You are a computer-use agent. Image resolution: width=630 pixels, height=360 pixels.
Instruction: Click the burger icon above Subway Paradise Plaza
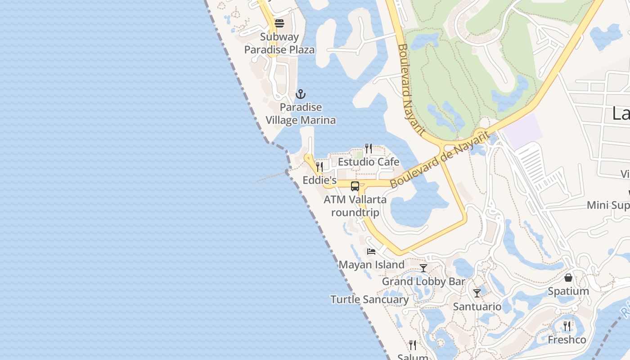279,23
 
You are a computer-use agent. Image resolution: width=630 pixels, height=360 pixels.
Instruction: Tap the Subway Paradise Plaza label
279,43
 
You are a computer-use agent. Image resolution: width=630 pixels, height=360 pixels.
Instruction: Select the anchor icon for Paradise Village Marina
300,94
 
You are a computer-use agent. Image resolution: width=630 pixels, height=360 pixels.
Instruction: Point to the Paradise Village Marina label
301,114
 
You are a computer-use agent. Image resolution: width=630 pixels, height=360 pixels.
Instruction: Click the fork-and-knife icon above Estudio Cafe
368,148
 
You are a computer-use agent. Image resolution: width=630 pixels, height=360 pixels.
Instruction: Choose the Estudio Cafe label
369,162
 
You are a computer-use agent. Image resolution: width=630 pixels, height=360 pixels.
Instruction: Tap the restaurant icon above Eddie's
319,166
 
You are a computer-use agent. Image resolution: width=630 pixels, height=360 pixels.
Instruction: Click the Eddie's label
319,180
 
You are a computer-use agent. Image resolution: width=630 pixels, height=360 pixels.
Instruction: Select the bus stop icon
355,186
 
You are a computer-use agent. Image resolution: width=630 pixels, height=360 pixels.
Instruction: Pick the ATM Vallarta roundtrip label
355,206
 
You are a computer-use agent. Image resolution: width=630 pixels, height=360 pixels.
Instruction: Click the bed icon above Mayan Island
371,251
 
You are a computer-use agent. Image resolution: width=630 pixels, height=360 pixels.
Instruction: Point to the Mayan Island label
371,265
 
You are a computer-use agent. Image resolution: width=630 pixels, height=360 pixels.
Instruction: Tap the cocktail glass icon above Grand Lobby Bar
423,268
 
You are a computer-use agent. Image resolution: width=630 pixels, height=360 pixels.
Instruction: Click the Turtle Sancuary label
369,300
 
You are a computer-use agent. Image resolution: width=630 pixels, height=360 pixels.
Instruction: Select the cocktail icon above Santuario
477,293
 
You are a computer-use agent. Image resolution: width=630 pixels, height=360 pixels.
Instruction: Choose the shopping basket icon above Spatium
568,278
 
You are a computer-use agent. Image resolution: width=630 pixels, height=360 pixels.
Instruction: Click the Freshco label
567,340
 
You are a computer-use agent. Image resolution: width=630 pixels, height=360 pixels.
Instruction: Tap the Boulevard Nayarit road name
411,90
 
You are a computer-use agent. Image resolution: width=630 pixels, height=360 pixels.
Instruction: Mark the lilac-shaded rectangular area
522,131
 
